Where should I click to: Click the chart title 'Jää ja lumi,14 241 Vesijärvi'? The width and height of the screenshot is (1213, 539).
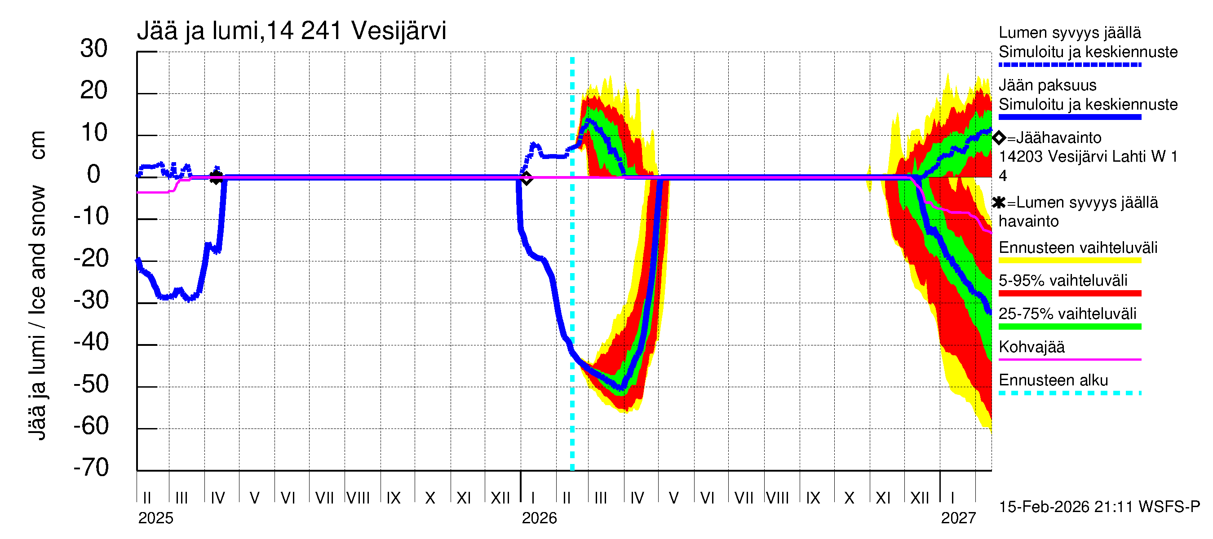(291, 31)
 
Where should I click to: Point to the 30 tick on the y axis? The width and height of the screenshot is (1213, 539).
(94, 49)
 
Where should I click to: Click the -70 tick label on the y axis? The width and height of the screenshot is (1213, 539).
(91, 468)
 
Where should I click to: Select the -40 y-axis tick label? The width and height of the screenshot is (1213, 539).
(91, 342)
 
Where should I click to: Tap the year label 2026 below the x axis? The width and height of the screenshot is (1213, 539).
(539, 518)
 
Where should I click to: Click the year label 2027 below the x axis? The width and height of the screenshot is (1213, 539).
(958, 518)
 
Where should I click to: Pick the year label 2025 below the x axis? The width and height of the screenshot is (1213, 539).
(156, 518)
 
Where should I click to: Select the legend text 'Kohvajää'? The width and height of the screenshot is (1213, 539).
(1031, 347)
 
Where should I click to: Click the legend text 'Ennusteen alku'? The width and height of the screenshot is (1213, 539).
(1054, 380)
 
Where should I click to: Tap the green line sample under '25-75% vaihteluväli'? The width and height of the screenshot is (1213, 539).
(1069, 327)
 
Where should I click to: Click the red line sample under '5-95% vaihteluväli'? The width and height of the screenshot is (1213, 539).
(1069, 293)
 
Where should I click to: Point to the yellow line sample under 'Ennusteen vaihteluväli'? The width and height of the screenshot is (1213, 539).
(1069, 261)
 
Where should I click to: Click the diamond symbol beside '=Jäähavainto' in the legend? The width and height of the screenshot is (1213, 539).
(999, 138)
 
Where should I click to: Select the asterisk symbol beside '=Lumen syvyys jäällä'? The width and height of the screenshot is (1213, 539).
(999, 203)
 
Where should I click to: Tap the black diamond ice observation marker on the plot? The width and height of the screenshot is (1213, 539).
(527, 178)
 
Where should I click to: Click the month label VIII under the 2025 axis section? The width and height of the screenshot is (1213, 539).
(359, 498)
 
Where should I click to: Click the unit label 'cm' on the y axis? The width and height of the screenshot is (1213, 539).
(37, 145)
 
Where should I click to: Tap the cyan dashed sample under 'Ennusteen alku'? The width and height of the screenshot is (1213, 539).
(1069, 393)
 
